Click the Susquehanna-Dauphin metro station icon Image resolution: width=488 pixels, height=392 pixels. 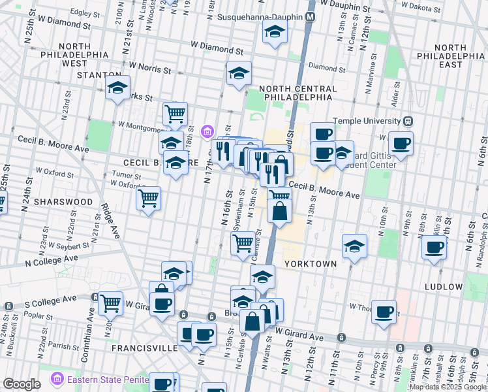tap(311, 16)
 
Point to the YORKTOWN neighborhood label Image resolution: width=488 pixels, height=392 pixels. tap(311, 264)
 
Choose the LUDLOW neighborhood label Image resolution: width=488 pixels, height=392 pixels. tap(444, 287)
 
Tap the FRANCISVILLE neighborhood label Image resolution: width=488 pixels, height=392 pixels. tap(144, 348)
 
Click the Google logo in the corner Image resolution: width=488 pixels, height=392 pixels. tap(21, 384)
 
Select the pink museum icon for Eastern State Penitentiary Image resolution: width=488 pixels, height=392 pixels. tap(57, 378)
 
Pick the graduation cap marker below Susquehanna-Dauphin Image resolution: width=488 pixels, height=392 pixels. tap(275, 31)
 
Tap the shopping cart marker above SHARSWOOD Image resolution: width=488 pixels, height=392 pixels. tap(149, 197)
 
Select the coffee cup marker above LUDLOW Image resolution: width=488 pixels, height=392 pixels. tap(435, 248)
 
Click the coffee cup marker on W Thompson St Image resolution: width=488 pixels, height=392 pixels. tap(384, 311)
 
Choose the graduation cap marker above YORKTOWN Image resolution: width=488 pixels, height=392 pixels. tap(354, 246)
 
